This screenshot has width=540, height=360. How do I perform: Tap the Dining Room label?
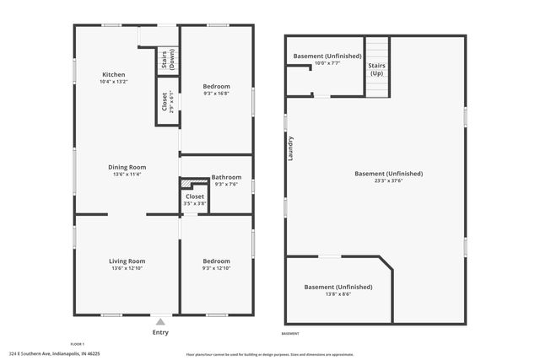127,167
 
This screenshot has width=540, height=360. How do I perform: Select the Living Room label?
127,261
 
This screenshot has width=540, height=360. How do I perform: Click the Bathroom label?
226,177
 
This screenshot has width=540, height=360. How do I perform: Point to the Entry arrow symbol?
160,321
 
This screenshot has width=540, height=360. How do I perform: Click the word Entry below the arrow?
160,332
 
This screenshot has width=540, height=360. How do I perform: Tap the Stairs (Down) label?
166,60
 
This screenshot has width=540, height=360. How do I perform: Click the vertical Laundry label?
290,148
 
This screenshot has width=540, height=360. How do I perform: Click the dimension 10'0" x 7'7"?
327,63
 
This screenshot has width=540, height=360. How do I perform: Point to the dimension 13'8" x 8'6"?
337,294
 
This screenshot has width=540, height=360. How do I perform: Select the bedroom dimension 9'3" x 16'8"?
217,94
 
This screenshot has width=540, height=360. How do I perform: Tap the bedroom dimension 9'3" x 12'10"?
217,268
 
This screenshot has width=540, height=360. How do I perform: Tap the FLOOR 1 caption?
78,344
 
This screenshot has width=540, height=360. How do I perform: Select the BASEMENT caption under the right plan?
290,334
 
